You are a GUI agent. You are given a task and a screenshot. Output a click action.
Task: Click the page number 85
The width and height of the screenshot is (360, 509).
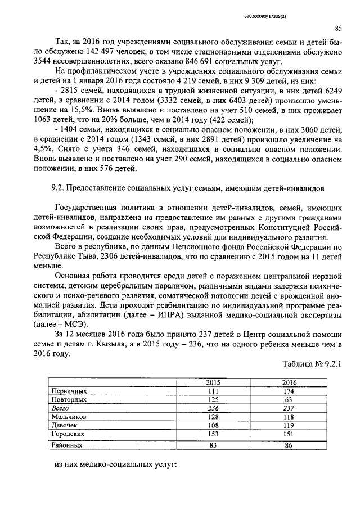(339, 28)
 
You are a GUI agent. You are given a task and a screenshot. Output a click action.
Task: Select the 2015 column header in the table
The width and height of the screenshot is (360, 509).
(214, 382)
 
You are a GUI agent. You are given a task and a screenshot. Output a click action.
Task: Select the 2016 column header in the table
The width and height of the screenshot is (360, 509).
(289, 382)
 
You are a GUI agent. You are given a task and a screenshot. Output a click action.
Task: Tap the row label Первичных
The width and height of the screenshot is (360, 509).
(69, 390)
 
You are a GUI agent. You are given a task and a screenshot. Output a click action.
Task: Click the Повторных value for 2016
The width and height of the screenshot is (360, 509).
(289, 399)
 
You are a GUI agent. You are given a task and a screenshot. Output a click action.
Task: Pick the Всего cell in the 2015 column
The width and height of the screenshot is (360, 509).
(214, 408)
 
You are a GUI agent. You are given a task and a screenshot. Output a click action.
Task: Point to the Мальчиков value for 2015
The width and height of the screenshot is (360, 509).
(214, 417)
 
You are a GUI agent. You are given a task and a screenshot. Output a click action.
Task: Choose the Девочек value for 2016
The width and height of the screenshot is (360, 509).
(289, 426)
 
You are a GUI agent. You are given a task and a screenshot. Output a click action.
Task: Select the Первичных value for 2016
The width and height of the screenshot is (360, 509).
(289, 390)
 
